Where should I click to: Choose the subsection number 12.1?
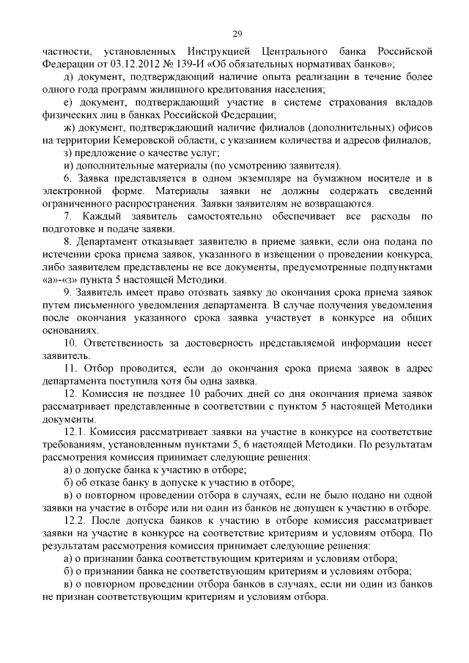(x=75, y=432)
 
